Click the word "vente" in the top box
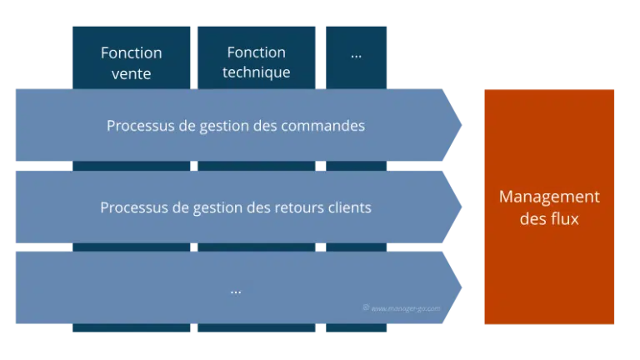(x=131, y=74)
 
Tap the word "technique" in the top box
(x=257, y=72)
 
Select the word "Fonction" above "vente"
(x=131, y=53)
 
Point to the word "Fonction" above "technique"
(x=257, y=52)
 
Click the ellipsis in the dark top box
(x=357, y=56)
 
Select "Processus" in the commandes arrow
(x=140, y=126)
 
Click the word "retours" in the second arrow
(x=300, y=207)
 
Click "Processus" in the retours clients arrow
(x=134, y=207)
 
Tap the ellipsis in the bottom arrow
(x=236, y=292)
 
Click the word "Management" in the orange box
(x=549, y=197)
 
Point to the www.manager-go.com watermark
(x=402, y=308)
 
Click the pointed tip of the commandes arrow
(x=462, y=125)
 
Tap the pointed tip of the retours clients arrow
(x=462, y=207)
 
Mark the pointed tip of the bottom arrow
(x=462, y=287)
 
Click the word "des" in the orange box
(x=532, y=219)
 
